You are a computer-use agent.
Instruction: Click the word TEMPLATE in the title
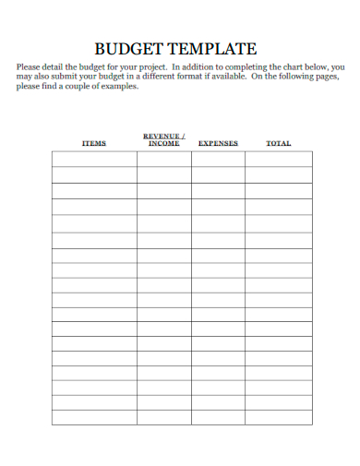point(214,49)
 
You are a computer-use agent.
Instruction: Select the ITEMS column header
point(94,143)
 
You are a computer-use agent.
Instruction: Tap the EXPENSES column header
point(218,143)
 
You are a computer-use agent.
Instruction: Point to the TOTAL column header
point(279,143)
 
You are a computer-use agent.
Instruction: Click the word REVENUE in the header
point(162,136)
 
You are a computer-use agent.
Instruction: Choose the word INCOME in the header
point(163,143)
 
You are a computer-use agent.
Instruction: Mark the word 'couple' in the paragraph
point(82,86)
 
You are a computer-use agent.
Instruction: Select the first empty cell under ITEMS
point(94,160)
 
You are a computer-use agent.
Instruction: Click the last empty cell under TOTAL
point(279,417)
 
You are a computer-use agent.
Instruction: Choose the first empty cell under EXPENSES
point(218,160)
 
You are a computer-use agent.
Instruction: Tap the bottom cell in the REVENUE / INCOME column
point(163,417)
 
